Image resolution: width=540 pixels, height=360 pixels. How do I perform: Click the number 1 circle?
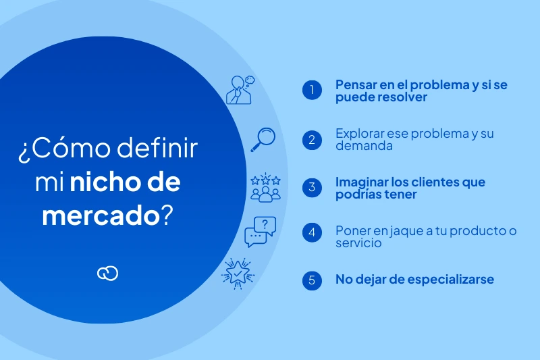click(312, 91)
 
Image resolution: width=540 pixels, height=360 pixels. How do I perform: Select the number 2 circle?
click(312, 140)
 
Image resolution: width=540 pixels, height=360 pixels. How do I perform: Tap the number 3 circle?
click(312, 188)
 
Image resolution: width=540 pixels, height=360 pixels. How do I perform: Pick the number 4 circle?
click(312, 233)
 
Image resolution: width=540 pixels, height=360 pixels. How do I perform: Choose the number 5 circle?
click(312, 280)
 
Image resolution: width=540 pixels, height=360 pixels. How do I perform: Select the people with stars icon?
click(265, 187)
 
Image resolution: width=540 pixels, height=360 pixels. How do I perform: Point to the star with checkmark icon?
click(238, 273)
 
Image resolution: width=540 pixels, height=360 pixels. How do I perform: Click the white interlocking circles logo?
click(107, 272)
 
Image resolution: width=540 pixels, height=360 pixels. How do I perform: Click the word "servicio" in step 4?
click(358, 242)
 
